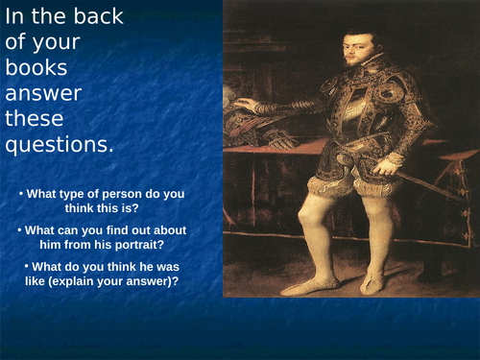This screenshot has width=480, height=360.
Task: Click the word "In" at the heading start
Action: pos(16,20)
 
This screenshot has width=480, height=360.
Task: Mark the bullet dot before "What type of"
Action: pos(20,194)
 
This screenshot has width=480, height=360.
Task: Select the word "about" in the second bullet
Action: pos(162,230)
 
